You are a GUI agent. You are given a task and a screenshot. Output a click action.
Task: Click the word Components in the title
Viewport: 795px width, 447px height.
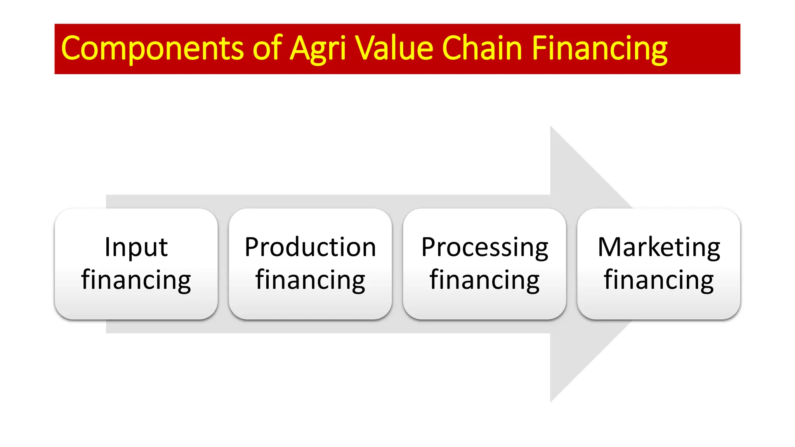coord(152,49)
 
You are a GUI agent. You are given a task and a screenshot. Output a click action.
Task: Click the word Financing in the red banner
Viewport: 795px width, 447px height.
coord(599,49)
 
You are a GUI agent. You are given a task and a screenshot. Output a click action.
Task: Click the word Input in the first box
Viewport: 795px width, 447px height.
coord(136,247)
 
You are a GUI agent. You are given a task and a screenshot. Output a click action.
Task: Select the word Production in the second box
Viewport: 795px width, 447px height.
coord(310,247)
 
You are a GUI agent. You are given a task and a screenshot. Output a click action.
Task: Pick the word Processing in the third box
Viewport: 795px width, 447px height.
coord(484,248)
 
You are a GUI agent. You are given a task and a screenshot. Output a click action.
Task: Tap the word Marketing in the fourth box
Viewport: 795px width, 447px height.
coord(659,247)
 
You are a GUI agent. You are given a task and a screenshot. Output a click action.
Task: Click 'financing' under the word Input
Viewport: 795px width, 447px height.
coord(136,280)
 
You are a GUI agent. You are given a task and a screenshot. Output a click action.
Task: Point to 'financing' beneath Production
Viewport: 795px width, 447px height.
coord(310,280)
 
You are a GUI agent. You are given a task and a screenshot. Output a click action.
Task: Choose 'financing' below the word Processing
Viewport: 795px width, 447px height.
coord(484,280)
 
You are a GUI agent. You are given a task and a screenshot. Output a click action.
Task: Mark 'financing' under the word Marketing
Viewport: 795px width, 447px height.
coord(659,280)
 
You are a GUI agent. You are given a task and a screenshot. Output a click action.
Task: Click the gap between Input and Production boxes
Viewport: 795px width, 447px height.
coord(223,264)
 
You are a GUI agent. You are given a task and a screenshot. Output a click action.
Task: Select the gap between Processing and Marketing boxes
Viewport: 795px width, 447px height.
coord(572,264)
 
